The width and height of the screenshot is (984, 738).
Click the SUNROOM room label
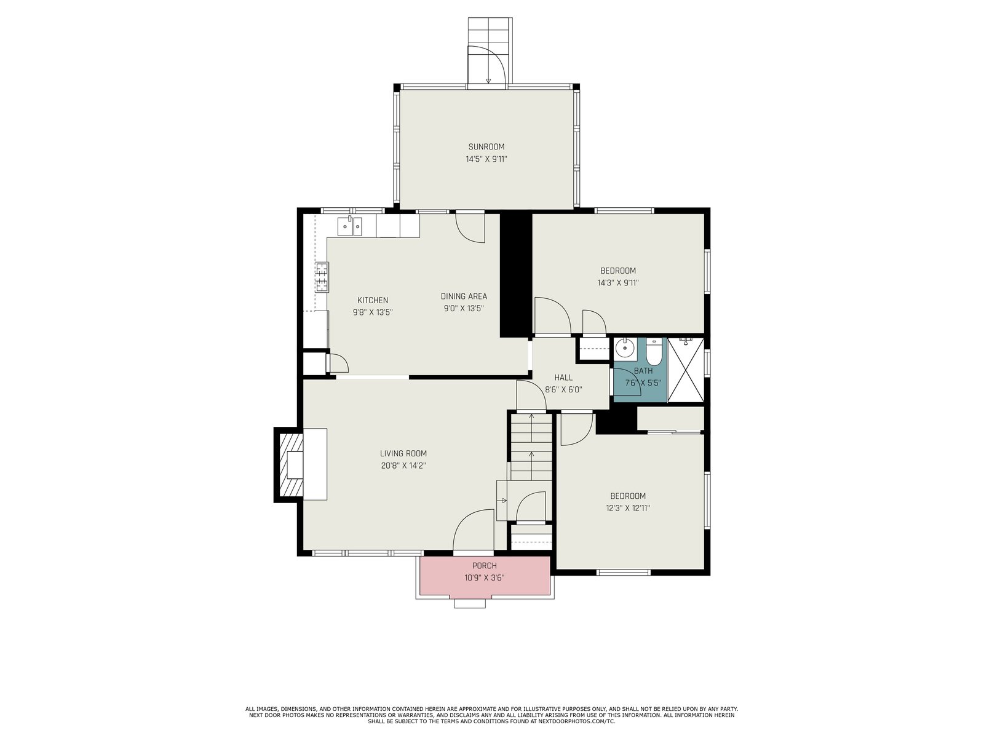[486, 146]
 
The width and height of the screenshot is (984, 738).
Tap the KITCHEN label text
[373, 300]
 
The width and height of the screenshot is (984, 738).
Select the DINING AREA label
[464, 296]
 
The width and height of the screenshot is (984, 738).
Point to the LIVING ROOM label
[403, 453]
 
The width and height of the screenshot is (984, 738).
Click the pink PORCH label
[484, 566]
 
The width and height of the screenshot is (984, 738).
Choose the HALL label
[563, 377]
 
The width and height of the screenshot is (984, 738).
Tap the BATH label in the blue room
[643, 371]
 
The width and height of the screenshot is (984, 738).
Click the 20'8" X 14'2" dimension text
[403, 466]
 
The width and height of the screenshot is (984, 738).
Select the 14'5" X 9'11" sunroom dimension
[486, 159]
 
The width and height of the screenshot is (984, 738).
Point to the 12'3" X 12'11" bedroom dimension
[627, 508]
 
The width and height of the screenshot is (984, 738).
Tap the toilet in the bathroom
[654, 352]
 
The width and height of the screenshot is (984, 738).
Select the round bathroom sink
[624, 347]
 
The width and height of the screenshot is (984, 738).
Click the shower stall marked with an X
[686, 370]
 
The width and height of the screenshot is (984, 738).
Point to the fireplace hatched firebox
[290, 465]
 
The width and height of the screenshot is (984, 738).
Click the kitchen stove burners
[322, 277]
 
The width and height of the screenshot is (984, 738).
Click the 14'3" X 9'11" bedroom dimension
[617, 283]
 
